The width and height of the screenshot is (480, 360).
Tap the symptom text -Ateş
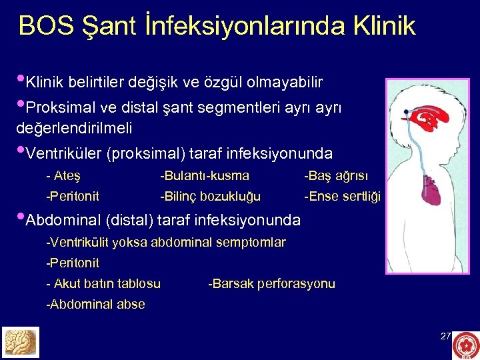click(63, 176)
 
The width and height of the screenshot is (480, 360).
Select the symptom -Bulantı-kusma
click(205, 176)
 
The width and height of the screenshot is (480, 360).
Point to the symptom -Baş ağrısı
click(335, 176)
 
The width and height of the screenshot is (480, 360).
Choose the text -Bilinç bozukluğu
click(210, 196)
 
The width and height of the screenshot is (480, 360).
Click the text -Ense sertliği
click(341, 196)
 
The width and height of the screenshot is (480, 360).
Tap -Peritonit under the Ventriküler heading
click(73, 196)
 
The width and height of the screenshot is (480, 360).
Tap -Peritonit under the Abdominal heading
click(73, 263)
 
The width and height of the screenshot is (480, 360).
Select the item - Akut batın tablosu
click(103, 283)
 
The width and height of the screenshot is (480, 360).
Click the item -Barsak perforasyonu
click(272, 283)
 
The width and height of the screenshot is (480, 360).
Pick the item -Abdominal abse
click(95, 304)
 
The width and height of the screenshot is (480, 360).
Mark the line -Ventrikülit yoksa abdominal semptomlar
click(166, 242)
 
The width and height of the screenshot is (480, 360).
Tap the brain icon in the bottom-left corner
click(21, 342)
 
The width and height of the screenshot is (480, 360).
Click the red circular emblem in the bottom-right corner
click(465, 345)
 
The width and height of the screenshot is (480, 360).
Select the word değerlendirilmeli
click(74, 127)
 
